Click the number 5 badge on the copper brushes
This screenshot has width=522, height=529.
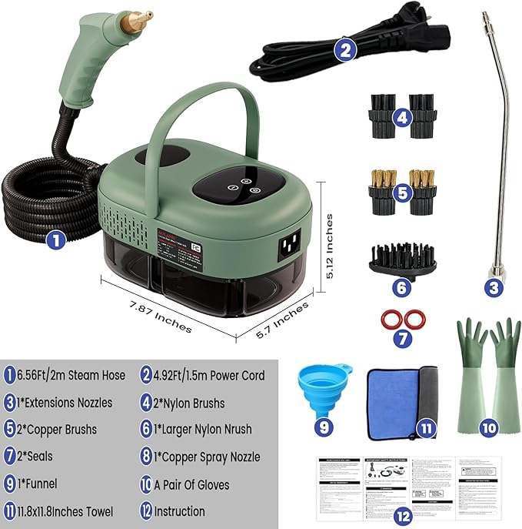401,193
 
